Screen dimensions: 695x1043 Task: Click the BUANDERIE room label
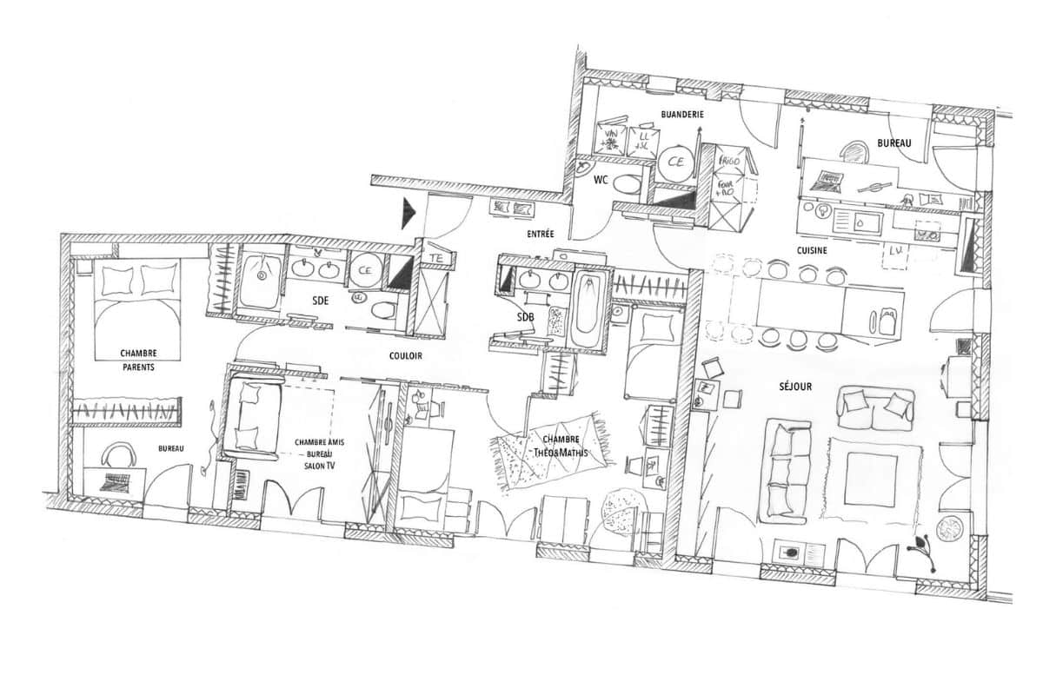coord(681,114)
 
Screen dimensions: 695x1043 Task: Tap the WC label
coord(600,180)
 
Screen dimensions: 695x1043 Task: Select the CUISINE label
coord(812,250)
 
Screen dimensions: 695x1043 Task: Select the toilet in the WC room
coord(625,184)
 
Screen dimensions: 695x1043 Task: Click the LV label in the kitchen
coord(895,252)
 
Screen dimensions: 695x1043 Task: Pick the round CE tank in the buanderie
coord(675,162)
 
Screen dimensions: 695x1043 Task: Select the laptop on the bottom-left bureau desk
coord(115,483)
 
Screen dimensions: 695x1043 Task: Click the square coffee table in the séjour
coord(869,478)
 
